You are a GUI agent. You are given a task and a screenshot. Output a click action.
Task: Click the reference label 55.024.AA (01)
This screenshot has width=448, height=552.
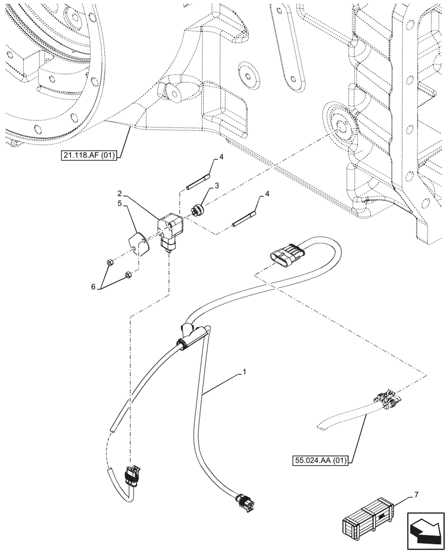319,460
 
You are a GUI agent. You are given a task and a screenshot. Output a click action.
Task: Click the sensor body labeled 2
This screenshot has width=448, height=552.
172,232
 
